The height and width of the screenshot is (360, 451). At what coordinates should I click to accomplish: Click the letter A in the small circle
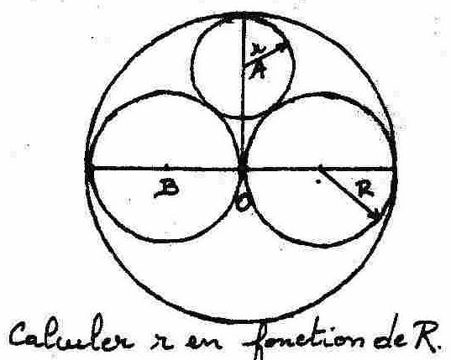pos(258,71)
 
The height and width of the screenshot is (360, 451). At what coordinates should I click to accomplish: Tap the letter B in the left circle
pos(166,188)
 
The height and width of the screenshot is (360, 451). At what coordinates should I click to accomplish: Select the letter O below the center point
pos(242,202)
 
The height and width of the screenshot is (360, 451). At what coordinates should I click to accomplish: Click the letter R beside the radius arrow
pos(365,190)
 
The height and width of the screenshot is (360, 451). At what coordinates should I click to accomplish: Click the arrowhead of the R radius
pos(376,216)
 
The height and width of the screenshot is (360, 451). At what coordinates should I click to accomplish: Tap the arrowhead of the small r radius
pos(283,47)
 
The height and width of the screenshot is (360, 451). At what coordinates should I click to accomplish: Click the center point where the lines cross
pos(243,169)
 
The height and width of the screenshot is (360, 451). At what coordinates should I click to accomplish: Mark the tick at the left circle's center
pos(166,166)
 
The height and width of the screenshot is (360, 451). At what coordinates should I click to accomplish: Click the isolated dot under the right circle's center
pos(317,181)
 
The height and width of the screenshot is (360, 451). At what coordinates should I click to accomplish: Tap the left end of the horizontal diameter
pos(88,168)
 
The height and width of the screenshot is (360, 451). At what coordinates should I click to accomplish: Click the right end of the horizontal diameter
pos(395,169)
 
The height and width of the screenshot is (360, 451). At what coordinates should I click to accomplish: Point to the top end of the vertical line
pos(243,14)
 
